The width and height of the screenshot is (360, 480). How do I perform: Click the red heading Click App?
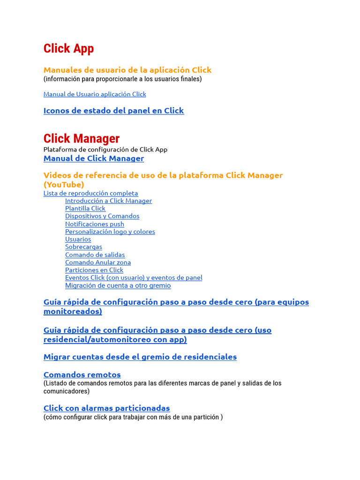pos(68,49)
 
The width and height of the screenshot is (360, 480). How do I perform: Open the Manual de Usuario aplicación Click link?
pos(95,94)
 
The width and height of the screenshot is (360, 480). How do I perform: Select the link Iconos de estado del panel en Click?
pos(113,111)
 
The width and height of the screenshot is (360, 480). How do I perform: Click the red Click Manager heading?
pos(82,139)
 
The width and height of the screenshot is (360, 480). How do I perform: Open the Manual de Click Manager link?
pos(94,158)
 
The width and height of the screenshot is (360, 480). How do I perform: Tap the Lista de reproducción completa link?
pos(90,193)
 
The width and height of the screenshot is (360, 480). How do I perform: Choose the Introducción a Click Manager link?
pos(108,201)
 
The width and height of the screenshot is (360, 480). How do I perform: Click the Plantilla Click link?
pos(85,209)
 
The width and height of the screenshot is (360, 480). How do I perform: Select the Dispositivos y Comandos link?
pos(102,216)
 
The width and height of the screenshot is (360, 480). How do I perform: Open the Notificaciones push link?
pos(95,224)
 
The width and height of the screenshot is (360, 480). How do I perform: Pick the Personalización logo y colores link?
pos(110,232)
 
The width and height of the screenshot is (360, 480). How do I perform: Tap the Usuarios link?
pos(78,239)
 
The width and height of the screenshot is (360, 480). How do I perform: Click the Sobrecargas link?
pos(83,247)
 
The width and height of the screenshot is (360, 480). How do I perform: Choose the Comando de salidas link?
pos(95,255)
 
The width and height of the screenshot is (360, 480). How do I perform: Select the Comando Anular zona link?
pos(98,262)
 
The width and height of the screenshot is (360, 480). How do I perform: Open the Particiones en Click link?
pos(94,270)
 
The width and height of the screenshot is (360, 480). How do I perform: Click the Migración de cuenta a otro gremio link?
pos(118,285)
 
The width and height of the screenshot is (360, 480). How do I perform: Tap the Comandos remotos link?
pos(82,375)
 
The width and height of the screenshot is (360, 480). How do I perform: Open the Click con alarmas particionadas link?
pos(106,408)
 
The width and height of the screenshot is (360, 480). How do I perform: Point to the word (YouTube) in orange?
pos(64,185)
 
